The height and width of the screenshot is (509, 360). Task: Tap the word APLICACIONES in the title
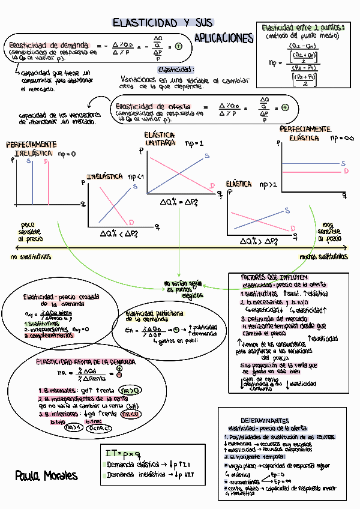[224, 38]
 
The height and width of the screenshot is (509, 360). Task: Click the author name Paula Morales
[46, 475]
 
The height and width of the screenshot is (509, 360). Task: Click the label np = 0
[67, 154]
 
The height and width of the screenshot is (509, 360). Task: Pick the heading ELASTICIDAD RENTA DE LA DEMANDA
[85, 363]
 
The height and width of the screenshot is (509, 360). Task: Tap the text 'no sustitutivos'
[31, 256]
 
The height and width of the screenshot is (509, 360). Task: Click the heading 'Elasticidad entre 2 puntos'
[303, 28]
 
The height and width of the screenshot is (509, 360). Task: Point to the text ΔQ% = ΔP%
[179, 203]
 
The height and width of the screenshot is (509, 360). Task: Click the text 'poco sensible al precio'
[31, 231]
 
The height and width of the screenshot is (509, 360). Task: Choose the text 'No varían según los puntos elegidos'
[180, 289]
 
